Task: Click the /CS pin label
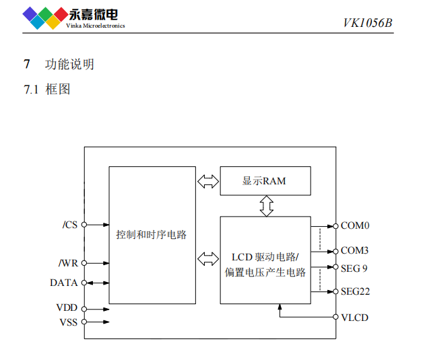[70, 225]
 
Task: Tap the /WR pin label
[68, 263]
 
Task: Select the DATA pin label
[64, 283]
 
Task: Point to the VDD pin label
[67, 308]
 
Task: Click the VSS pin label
[69, 322]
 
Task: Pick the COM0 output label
[355, 225]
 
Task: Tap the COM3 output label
[354, 250]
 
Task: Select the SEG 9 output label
[354, 268]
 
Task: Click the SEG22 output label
[355, 291]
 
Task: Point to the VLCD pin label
[354, 318]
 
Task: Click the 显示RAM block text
[264, 181]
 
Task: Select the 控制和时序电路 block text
[152, 235]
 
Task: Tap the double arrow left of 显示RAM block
[208, 182]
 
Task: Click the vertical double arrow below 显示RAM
[267, 206]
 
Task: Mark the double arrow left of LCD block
[208, 259]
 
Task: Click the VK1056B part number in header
[368, 23]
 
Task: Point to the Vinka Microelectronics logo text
[96, 26]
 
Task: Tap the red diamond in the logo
[61, 14]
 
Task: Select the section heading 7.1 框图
[47, 89]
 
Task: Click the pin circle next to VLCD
[335, 317]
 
